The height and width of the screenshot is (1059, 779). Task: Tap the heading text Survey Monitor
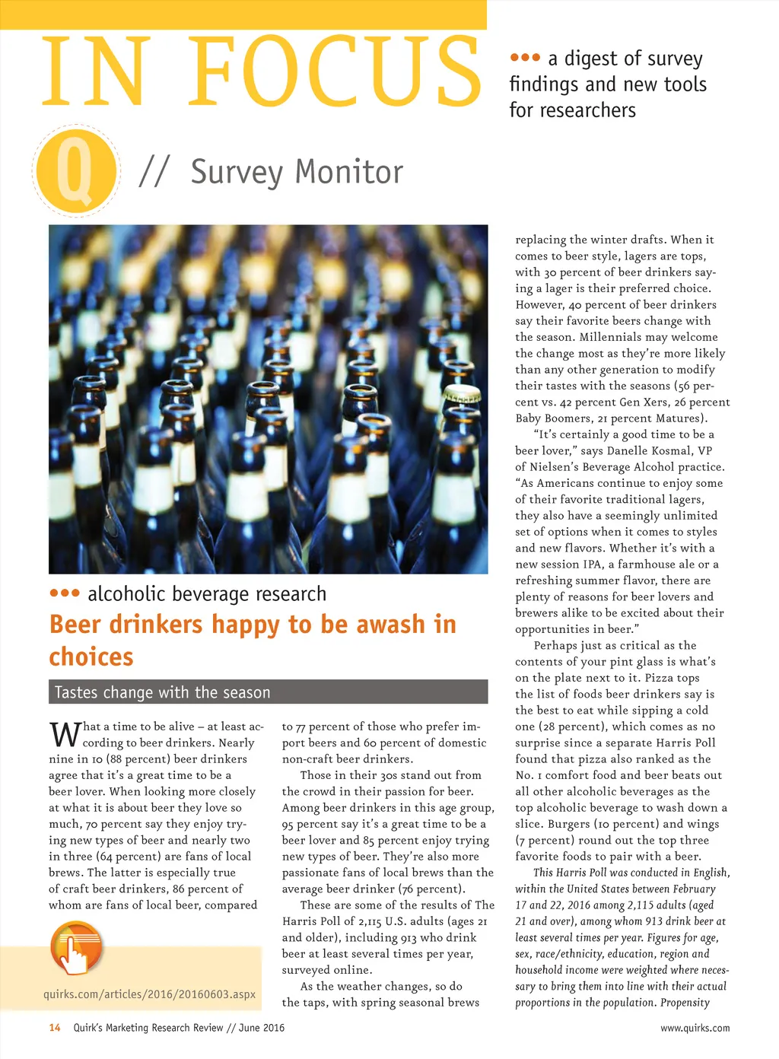[x=297, y=172]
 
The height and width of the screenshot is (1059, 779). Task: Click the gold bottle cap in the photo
[x=462, y=394]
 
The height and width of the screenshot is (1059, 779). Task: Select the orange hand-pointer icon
[x=76, y=949]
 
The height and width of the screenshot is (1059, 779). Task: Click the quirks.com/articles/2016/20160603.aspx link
[x=149, y=994]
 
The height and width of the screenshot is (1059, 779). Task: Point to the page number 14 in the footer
[x=55, y=1028]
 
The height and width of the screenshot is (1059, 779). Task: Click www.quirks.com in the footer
[x=695, y=1028]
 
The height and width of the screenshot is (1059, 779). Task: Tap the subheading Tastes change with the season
[x=163, y=692]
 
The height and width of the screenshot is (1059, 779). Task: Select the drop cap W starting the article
[x=65, y=734]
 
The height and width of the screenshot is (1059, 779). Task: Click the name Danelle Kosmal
[x=649, y=450]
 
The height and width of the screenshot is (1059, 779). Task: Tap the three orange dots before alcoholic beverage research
[x=65, y=593]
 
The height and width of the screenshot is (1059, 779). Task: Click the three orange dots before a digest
[x=525, y=58]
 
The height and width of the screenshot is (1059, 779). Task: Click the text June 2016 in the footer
[x=262, y=1028]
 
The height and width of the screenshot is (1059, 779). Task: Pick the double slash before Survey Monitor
[x=154, y=172]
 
